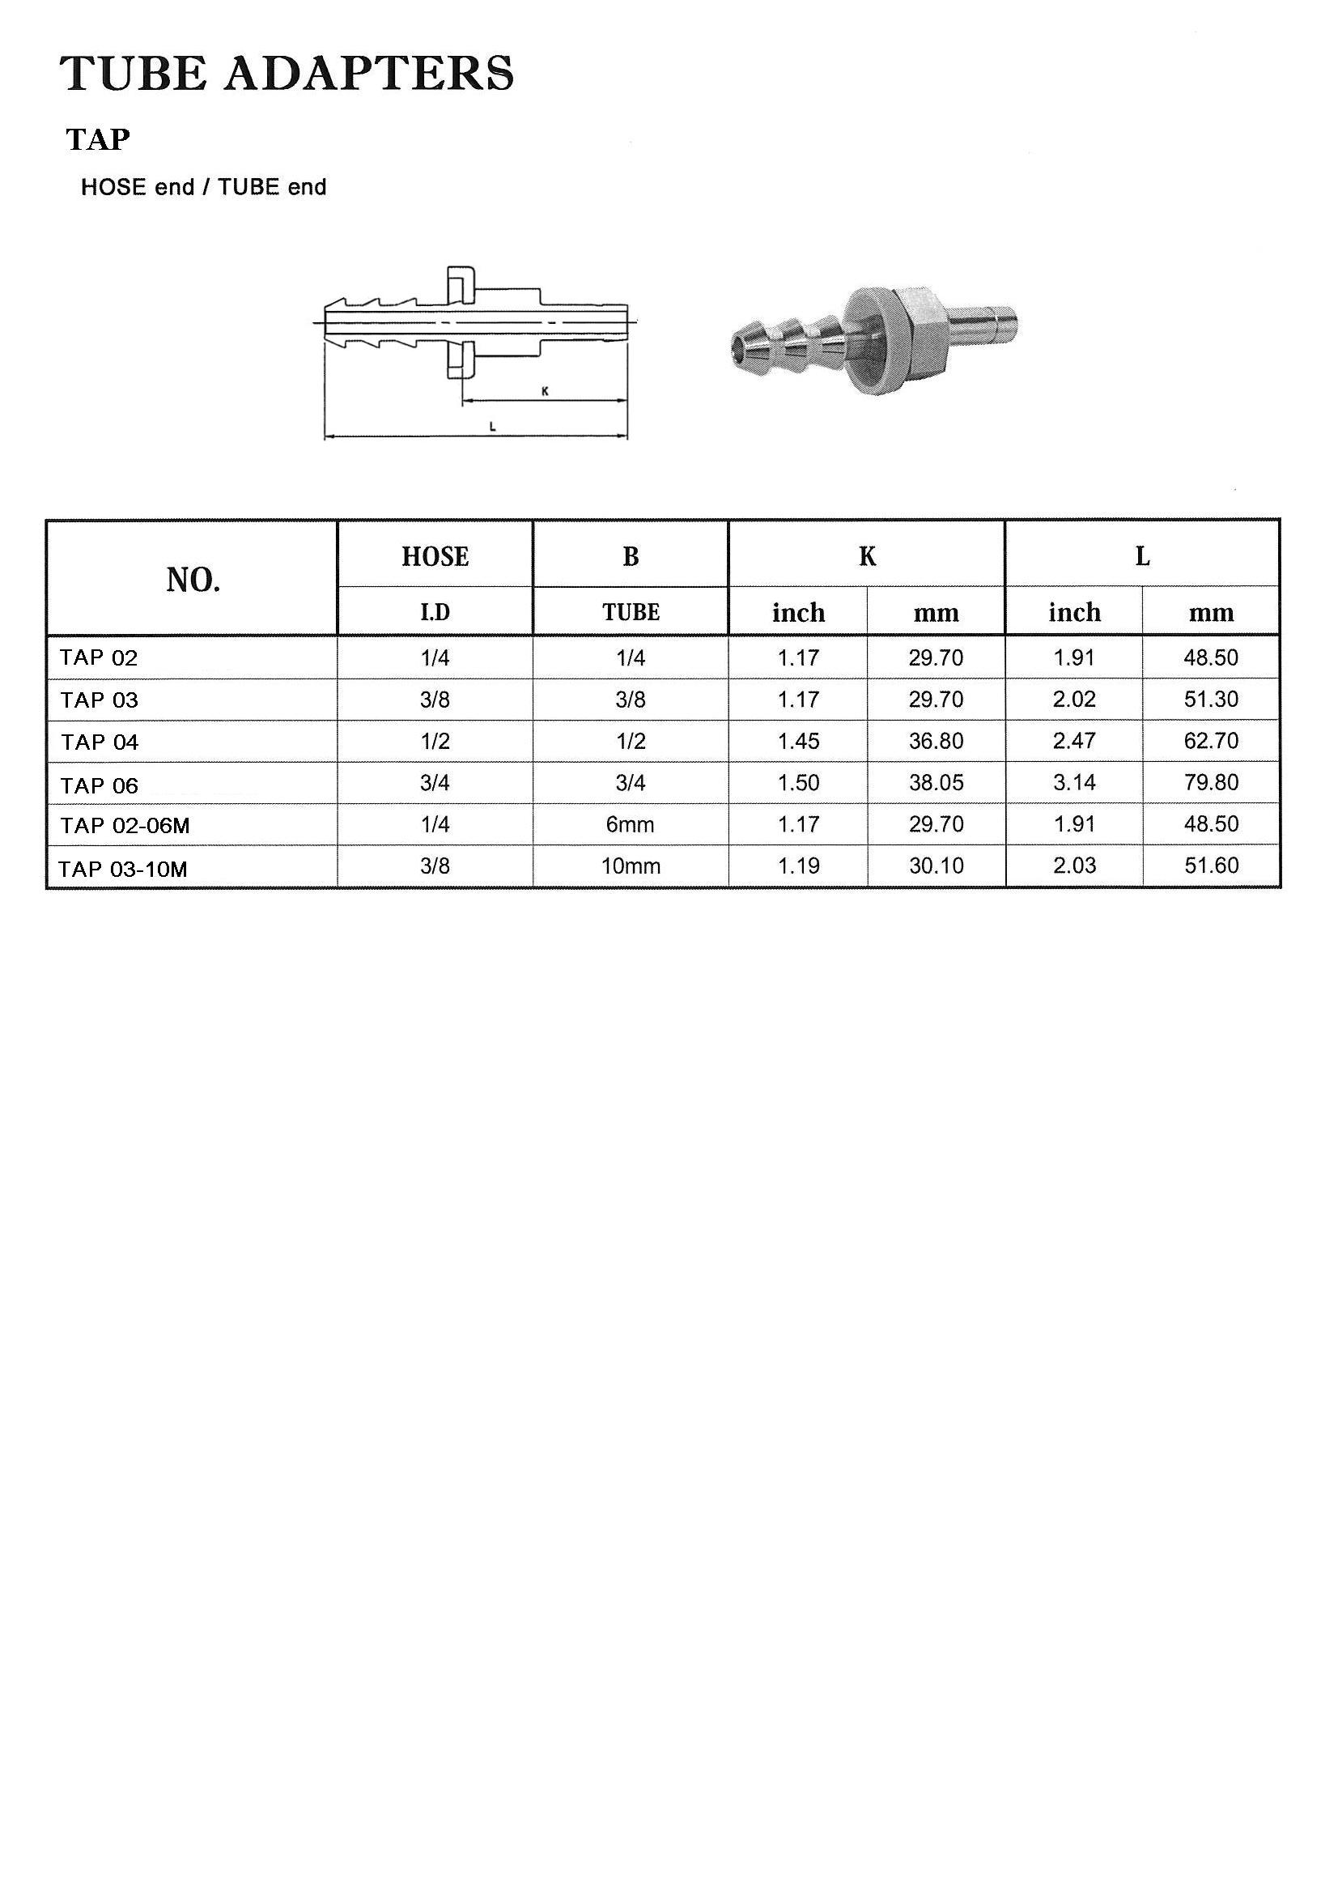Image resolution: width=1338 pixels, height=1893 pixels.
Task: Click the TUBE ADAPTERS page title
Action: pos(287,74)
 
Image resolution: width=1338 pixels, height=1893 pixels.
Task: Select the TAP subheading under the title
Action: pos(98,140)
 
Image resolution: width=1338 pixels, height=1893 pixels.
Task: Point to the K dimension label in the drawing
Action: pos(545,393)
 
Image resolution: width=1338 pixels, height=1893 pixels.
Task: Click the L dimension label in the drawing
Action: pos(492,426)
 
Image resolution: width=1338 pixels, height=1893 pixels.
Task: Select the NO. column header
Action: pos(193,581)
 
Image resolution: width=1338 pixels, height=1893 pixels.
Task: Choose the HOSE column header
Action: pos(435,557)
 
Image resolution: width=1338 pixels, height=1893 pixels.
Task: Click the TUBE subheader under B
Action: pos(631,613)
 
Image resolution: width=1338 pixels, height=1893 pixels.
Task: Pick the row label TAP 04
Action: pos(100,742)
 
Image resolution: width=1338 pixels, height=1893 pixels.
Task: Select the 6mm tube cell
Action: pos(631,824)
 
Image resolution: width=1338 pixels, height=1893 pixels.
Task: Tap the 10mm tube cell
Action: pos(631,866)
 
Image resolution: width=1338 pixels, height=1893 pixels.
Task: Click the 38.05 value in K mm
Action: pos(936,782)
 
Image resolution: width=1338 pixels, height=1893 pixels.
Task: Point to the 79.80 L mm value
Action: pos(1211,782)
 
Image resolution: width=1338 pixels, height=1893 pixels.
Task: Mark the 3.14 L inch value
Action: pos(1074,782)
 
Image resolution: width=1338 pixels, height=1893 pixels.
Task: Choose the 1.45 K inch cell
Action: pos(799,741)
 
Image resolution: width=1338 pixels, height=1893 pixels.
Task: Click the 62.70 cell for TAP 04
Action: pos(1211,741)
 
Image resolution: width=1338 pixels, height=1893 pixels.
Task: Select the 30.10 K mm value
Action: pos(936,866)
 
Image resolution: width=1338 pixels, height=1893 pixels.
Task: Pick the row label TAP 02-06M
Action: pos(125,826)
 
